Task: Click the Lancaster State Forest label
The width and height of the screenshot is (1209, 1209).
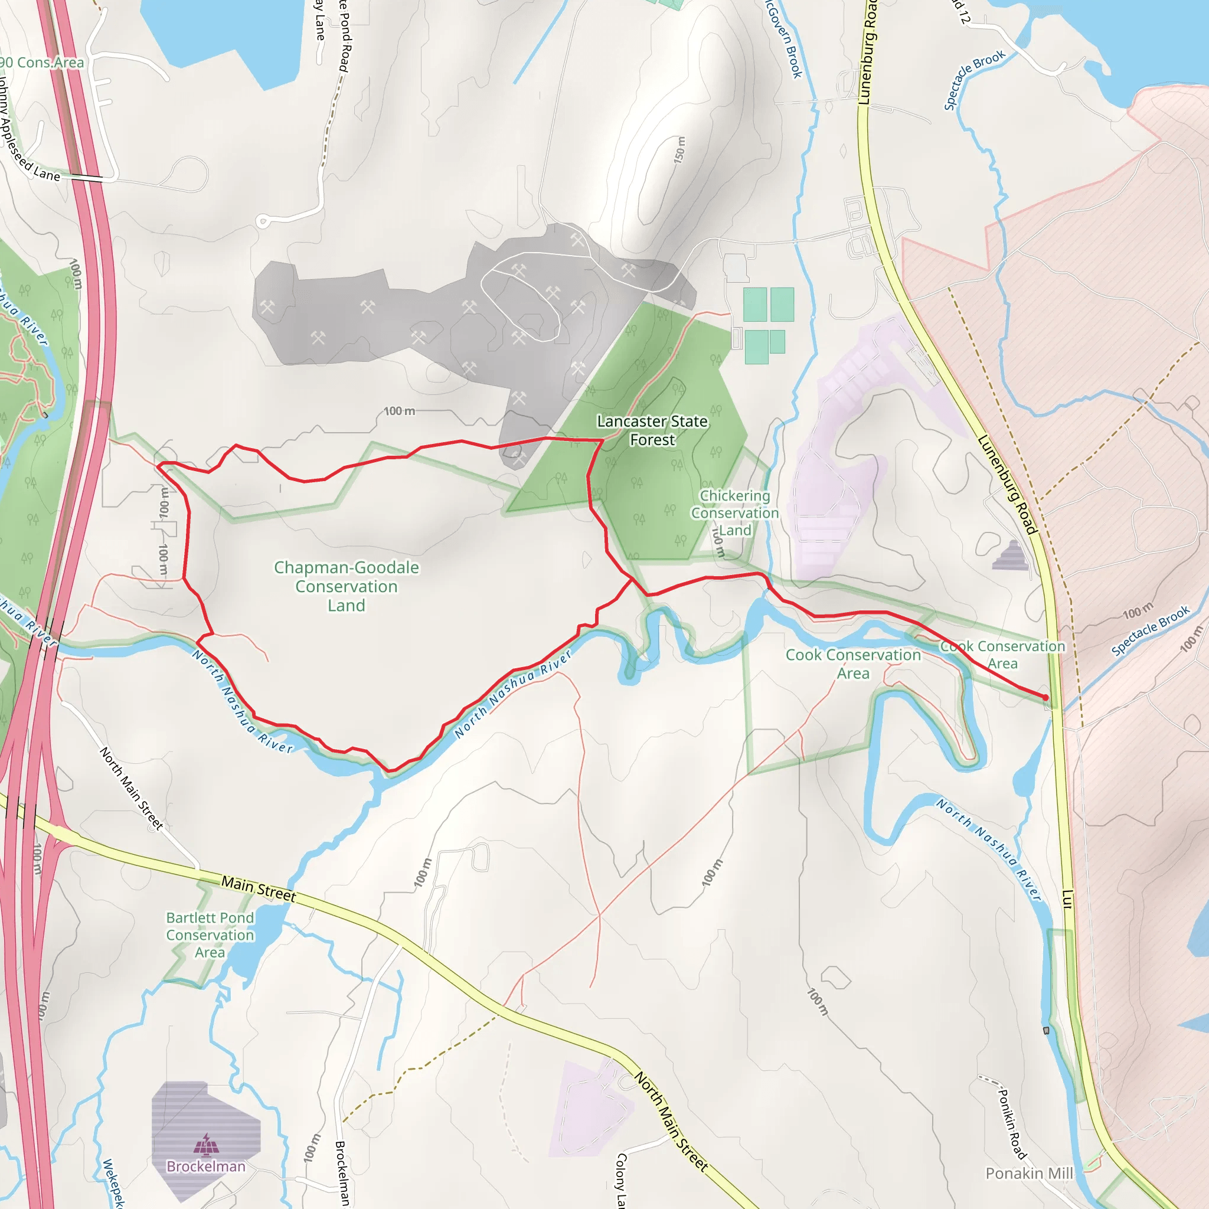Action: click(x=652, y=430)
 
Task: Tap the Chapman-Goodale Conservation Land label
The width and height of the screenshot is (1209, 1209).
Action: click(x=346, y=586)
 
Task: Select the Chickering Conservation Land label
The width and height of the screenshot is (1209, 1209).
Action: click(x=734, y=512)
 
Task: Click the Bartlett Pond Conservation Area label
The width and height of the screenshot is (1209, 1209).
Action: click(x=210, y=935)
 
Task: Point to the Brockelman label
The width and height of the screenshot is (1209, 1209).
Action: click(x=206, y=1166)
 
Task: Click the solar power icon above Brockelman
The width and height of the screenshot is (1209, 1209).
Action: click(x=206, y=1144)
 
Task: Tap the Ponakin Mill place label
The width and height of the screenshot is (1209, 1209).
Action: click(x=1029, y=1174)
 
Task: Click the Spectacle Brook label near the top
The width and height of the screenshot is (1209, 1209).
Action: click(x=973, y=80)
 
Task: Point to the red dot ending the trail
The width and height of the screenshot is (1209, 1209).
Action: click(x=1045, y=697)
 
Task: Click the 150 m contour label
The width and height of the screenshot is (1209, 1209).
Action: click(x=679, y=150)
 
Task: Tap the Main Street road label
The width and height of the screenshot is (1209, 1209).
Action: click(x=259, y=889)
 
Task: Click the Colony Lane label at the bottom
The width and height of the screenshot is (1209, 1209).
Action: click(x=621, y=1180)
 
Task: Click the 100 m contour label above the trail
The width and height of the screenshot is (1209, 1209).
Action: click(x=399, y=411)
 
